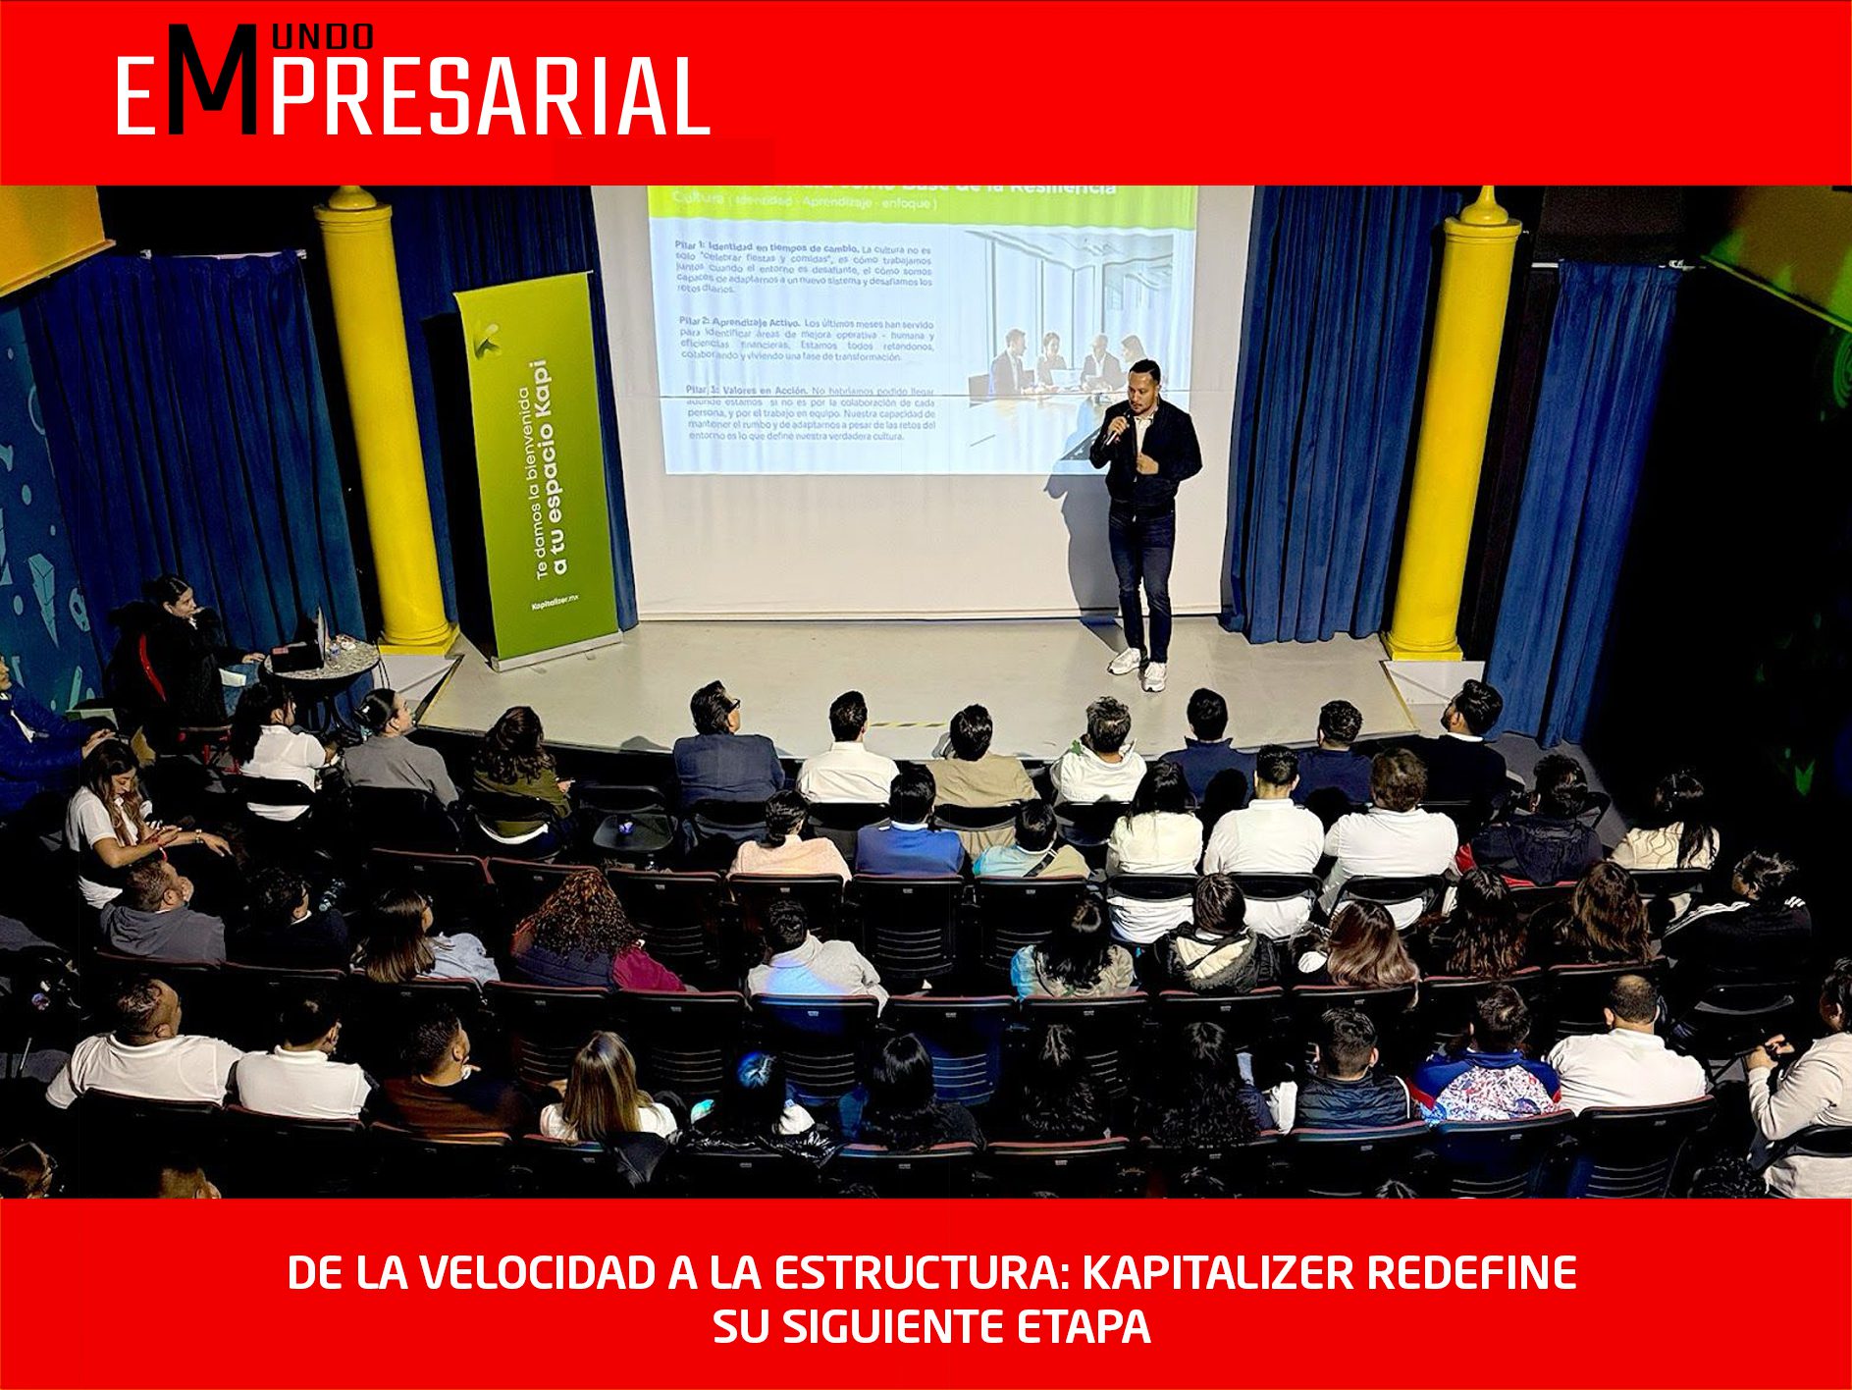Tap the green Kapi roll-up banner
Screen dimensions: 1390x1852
pos(538,471)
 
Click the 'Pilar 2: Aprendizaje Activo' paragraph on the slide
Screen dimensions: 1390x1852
pos(805,340)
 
